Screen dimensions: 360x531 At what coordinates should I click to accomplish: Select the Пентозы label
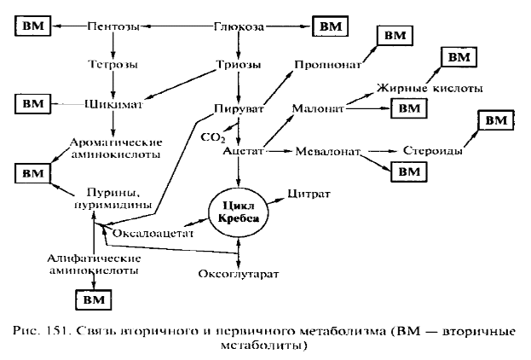pyautogui.click(x=115, y=27)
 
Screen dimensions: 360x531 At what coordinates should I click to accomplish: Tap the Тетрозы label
pyautogui.click(x=115, y=64)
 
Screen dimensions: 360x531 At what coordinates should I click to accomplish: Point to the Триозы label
pyautogui.click(x=239, y=64)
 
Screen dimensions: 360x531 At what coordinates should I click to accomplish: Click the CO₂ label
pyautogui.click(x=211, y=136)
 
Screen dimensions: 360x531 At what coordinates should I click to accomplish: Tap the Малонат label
pyautogui.click(x=317, y=109)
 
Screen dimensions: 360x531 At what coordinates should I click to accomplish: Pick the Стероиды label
pyautogui.click(x=433, y=151)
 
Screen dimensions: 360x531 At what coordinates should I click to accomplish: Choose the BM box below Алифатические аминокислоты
pyautogui.click(x=94, y=299)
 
